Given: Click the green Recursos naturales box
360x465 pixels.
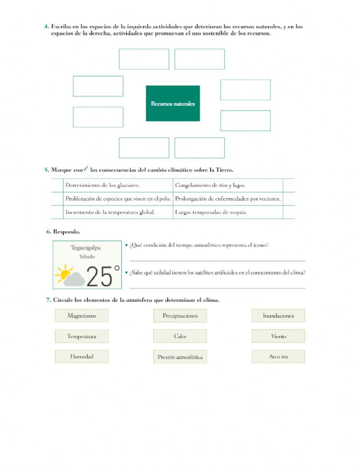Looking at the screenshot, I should tap(173, 103).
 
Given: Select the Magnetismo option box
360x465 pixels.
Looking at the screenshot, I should tap(82, 316).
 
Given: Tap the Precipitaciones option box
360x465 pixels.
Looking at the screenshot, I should tap(180, 316).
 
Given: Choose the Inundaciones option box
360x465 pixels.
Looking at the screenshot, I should tap(278, 316).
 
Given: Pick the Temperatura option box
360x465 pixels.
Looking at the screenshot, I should tap(82, 336).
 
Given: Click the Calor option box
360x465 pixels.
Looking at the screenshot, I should tap(180, 336).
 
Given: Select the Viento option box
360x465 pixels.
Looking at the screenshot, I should tap(278, 336).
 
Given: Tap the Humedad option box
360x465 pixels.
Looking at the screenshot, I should tap(82, 357).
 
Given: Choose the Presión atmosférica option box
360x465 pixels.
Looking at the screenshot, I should tap(180, 357).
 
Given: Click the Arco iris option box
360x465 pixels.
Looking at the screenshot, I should tap(278, 357).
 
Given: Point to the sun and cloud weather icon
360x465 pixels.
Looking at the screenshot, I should tap(70, 276).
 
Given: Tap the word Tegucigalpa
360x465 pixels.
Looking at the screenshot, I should tap(85, 248).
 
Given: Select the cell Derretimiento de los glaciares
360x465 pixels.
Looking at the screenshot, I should tap(103, 185).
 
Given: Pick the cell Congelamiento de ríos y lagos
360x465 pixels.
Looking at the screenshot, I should tap(210, 185).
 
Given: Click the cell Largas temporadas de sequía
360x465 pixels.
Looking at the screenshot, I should tap(211, 212).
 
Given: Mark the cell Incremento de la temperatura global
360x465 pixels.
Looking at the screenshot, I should tap(110, 212).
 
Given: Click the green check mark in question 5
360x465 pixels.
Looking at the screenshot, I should tap(86, 169).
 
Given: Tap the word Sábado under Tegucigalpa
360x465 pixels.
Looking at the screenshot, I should tap(87, 256).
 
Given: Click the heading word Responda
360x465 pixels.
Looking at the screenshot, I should tap(67, 232).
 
